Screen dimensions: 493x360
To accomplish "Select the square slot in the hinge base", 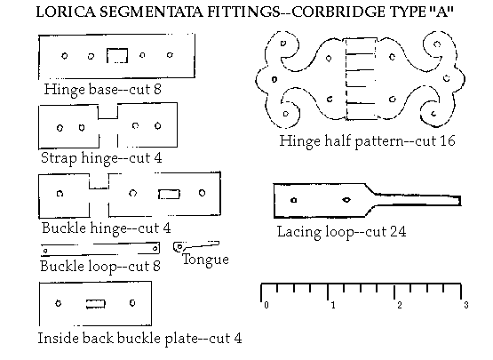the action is tap(117, 56).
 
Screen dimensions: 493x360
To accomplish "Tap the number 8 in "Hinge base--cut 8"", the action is tap(157, 89).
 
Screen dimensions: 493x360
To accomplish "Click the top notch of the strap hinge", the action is tap(107, 112).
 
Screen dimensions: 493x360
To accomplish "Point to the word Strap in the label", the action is tap(59, 158).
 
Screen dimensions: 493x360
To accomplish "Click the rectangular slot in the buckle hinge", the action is tap(169, 194).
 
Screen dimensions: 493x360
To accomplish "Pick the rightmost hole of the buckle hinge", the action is tap(203, 193).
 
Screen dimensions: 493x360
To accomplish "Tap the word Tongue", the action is tap(205, 260).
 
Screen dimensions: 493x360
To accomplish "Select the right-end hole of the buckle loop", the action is tap(155, 249).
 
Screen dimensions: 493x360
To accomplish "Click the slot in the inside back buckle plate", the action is tap(96, 304).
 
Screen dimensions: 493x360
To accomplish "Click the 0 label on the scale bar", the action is tap(266, 305).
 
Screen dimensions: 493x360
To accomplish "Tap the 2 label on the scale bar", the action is tap(400, 305).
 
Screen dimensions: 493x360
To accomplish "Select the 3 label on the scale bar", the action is tap(466, 305).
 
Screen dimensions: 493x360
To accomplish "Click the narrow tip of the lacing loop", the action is tap(459, 201).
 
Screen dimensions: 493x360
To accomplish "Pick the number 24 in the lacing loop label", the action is tap(398, 232).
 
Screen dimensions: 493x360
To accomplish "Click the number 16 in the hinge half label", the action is tap(448, 140).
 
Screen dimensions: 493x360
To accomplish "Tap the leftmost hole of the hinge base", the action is tap(65, 56).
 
